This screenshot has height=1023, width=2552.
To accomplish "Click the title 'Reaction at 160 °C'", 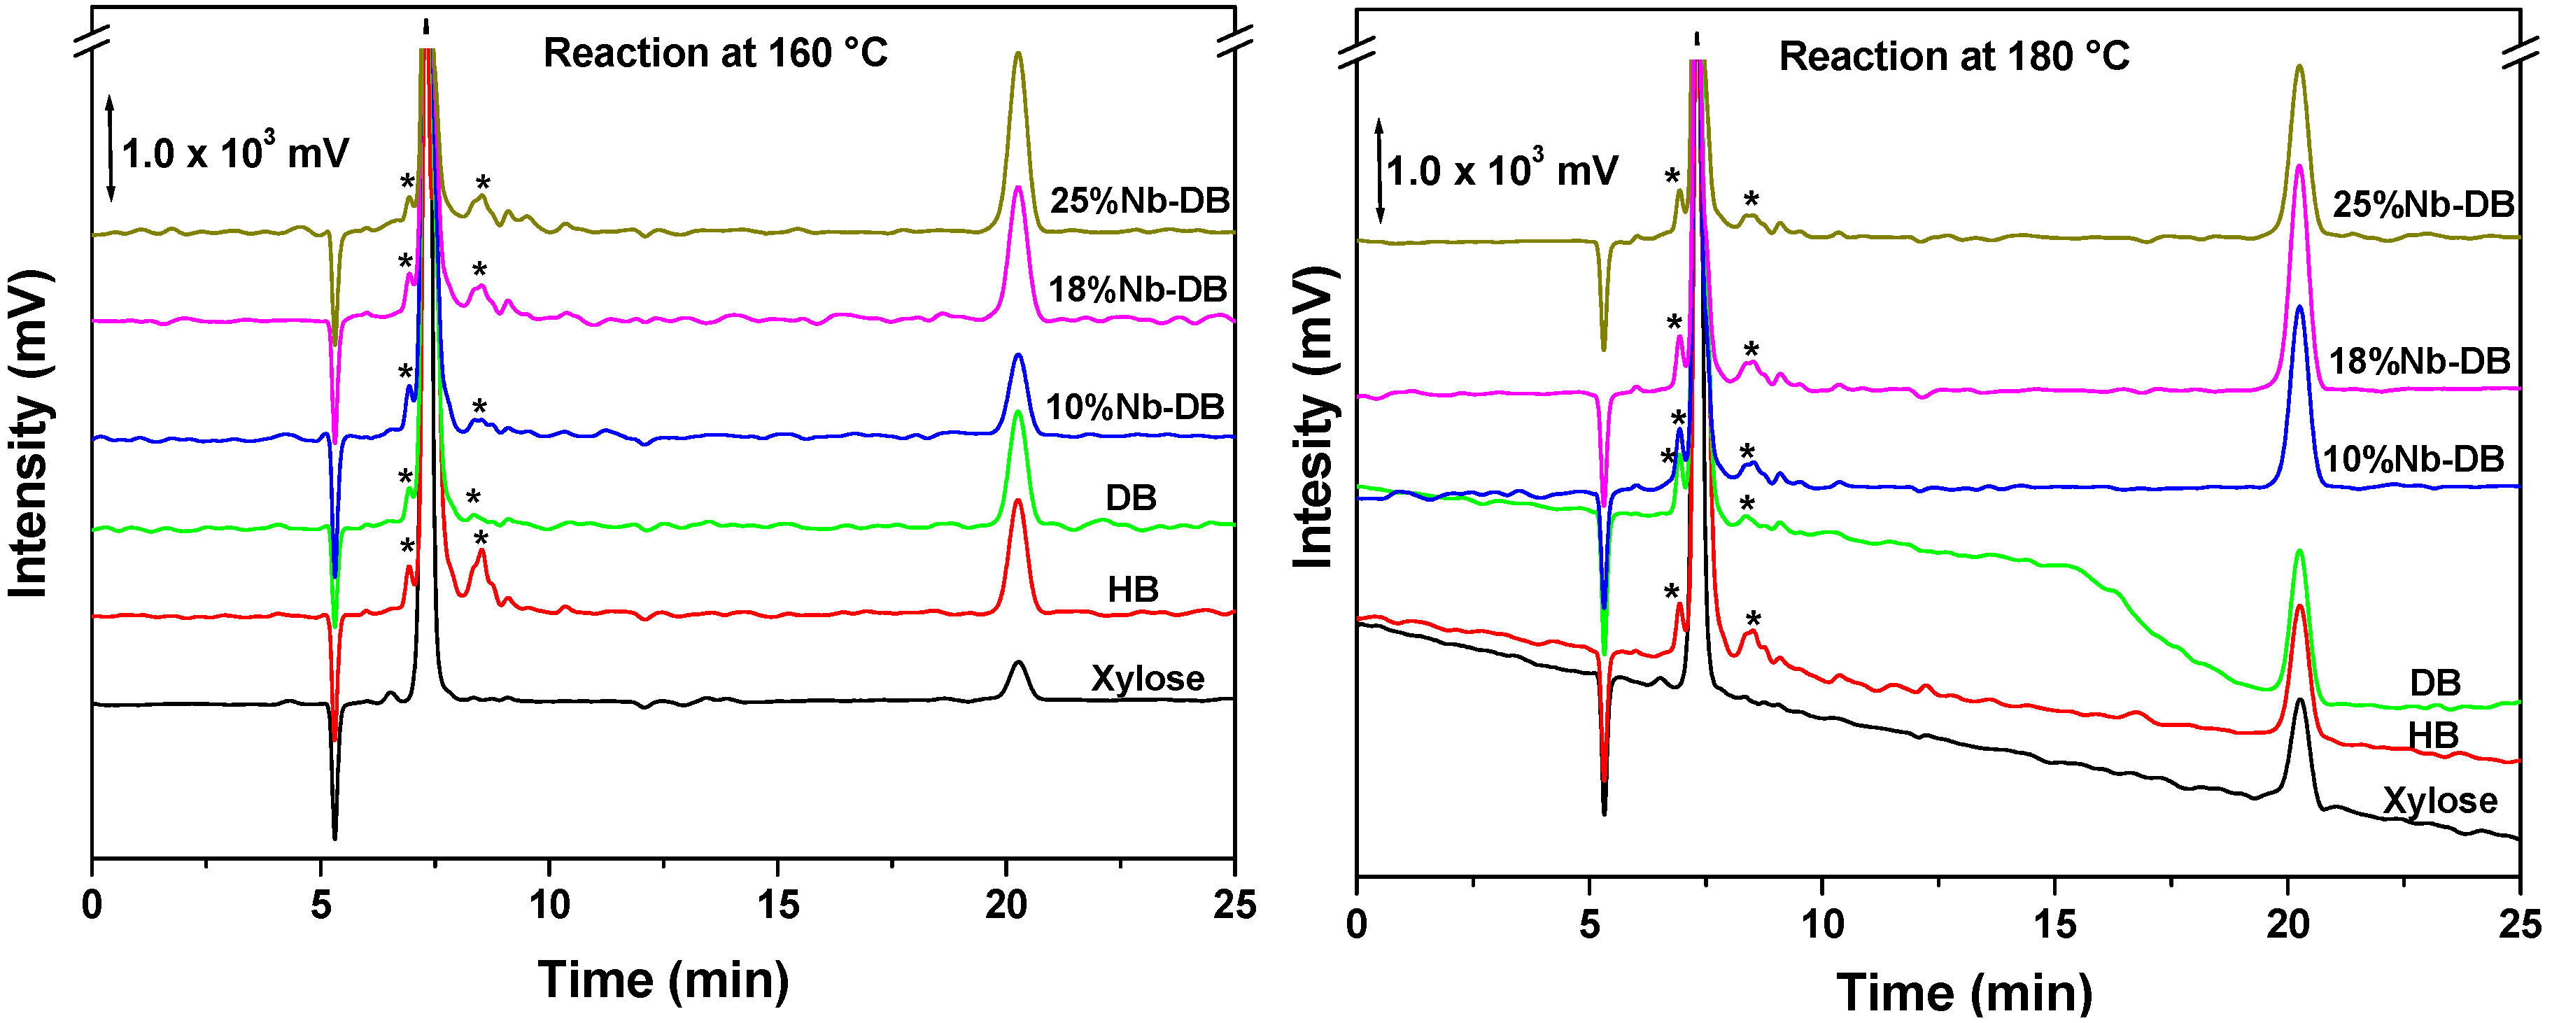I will pos(715,53).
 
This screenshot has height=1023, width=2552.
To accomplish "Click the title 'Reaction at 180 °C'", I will pos(1954,57).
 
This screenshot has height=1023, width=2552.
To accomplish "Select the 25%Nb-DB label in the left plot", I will pos(1139,201).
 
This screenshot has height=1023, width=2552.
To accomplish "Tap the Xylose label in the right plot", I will pos(2439,800).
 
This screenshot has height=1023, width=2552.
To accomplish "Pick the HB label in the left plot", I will pos(1132,591).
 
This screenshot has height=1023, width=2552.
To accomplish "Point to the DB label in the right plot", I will pos(2435,684).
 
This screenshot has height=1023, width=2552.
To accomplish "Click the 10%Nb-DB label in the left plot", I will pos(1135,407).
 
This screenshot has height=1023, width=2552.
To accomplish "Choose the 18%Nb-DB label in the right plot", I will pos(2419,362).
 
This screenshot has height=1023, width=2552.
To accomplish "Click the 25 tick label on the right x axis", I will pos(2519,924).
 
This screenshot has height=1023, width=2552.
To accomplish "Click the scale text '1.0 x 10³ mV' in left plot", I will pos(235,153).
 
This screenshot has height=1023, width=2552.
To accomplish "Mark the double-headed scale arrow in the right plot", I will pos(1378,170).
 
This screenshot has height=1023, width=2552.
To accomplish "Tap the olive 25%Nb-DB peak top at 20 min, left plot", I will pos(1017,55).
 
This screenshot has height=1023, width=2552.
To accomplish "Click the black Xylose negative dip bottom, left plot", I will pos(335,837).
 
